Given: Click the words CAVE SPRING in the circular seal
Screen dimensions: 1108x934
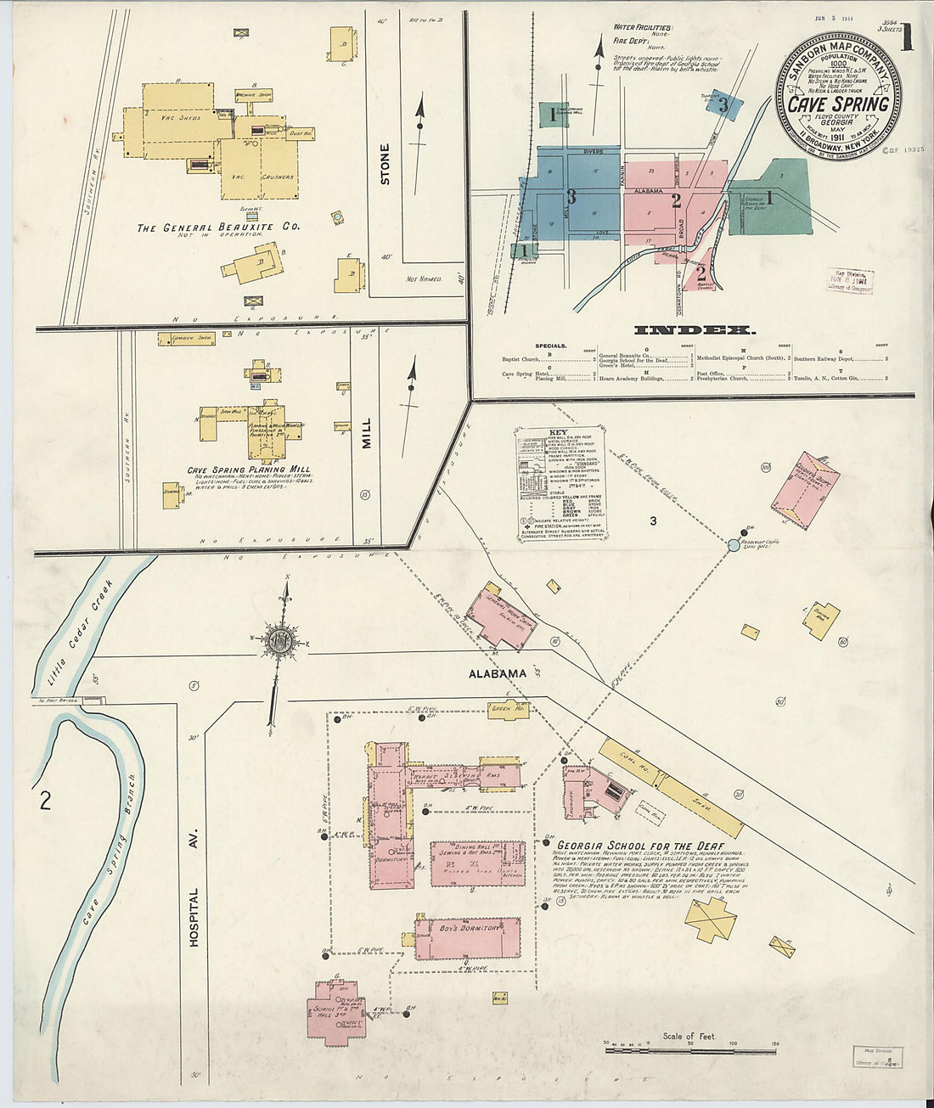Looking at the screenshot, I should click(838, 104).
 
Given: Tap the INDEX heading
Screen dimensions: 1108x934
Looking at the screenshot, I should click(694, 330).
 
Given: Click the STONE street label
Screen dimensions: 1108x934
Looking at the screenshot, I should click(385, 165).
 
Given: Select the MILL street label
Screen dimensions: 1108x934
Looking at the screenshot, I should click(367, 431).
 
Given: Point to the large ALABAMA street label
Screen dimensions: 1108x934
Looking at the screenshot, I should click(498, 673).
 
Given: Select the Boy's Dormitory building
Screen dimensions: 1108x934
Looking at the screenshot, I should click(468, 936).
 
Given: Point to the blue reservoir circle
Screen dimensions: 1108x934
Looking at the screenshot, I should click(734, 544).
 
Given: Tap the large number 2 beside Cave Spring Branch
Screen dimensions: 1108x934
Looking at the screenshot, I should click(45, 800).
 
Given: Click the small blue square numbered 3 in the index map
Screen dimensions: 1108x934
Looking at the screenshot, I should click(723, 105).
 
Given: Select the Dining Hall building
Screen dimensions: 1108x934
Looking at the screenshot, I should click(476, 863).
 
